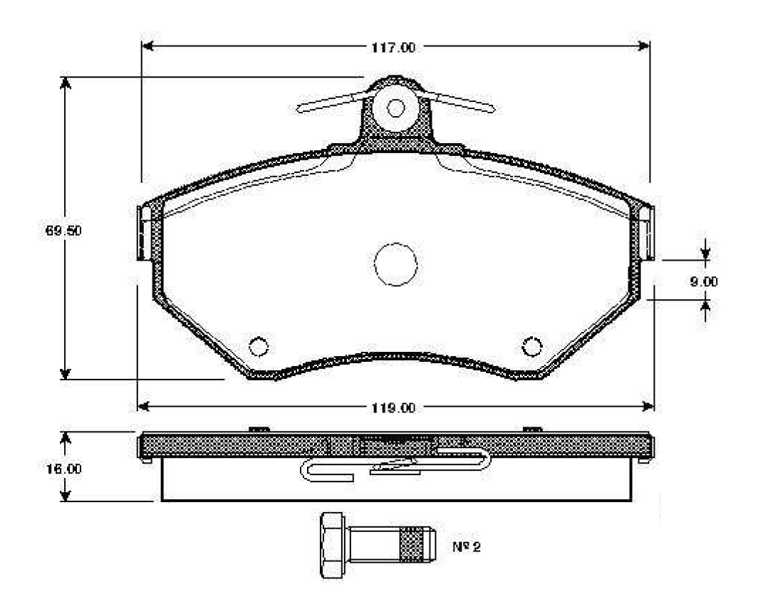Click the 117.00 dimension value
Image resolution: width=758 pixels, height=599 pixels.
pos(393,48)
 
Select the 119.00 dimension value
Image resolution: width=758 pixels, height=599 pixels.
pos(393,408)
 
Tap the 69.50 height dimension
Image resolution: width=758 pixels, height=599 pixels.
pos(63,231)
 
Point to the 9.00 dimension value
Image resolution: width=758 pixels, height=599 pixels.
pos(703,281)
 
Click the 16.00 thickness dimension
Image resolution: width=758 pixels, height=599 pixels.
pos(64,469)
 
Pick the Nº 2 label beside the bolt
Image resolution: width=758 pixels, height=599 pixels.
pos(467,547)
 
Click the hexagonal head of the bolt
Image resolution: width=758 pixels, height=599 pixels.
pos(333,545)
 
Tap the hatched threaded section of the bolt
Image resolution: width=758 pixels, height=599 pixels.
pos(412,545)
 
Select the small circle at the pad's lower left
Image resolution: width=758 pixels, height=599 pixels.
pos(258,346)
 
